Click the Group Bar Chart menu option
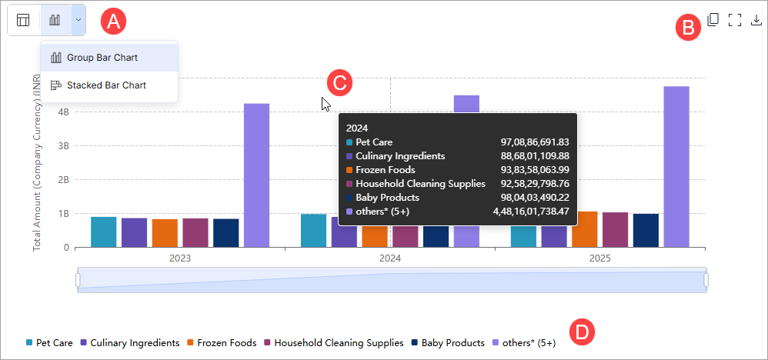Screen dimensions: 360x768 pyautogui.click(x=102, y=58)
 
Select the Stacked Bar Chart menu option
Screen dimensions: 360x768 pyautogui.click(x=105, y=85)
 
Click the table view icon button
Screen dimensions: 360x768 pyautogui.click(x=24, y=20)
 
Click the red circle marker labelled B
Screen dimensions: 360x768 pyautogui.click(x=687, y=28)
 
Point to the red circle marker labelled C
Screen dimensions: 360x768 pyautogui.click(x=339, y=82)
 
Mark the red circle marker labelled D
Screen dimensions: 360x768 pyautogui.click(x=583, y=332)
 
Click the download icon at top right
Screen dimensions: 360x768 pyautogui.click(x=756, y=20)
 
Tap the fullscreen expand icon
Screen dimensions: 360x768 pyautogui.click(x=734, y=20)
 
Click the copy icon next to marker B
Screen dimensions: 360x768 pyautogui.click(x=713, y=20)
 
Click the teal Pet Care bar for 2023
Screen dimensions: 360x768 pyautogui.click(x=103, y=232)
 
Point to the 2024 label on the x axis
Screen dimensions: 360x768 pyautogui.click(x=390, y=259)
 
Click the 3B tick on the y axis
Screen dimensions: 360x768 pyautogui.click(x=63, y=145)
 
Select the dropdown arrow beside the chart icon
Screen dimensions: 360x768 pyautogui.click(x=78, y=20)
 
